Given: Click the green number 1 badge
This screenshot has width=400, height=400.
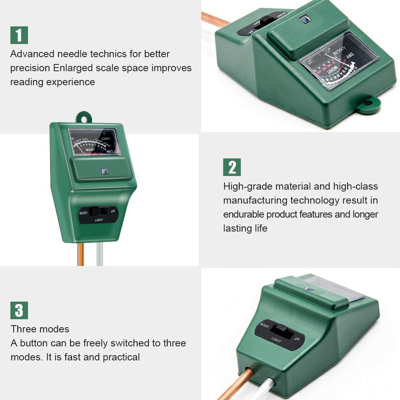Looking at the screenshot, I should point(19,35).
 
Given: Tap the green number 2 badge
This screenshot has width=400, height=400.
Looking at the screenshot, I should point(232,167).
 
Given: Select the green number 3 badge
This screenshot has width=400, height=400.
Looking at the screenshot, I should point(19,310).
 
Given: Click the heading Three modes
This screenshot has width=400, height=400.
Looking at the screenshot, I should point(40,329).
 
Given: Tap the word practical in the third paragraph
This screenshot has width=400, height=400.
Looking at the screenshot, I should point(121,357).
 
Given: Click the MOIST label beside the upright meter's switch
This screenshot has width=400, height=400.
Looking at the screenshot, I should point(83,213).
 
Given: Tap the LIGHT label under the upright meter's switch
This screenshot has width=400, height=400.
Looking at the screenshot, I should point(99,220).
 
